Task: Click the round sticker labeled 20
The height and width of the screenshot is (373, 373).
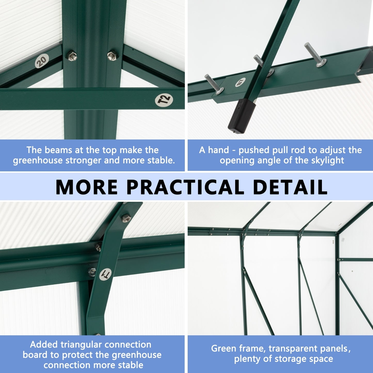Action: point(42,61)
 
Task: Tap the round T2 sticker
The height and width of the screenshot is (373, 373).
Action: point(164,100)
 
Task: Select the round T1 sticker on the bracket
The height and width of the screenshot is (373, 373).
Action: point(106,274)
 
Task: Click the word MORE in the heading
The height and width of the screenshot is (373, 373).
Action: point(86,187)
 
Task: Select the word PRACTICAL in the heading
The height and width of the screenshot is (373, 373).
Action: point(185,187)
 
